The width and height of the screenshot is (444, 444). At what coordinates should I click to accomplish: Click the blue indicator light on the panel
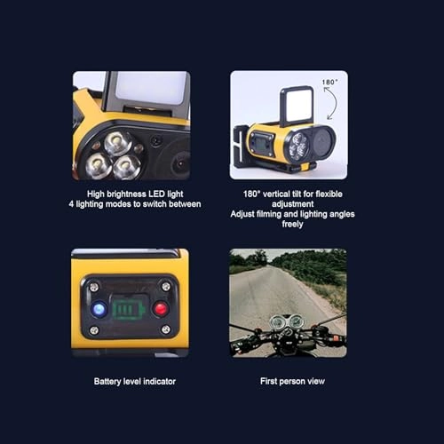click(x=99, y=309)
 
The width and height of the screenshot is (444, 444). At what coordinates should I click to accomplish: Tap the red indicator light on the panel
click(x=161, y=309)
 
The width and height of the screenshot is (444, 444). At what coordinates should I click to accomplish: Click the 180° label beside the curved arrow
click(x=329, y=82)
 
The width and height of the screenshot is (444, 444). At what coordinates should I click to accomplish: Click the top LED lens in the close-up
click(x=118, y=143)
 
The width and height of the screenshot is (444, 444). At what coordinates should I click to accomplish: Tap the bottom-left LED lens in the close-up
click(x=99, y=165)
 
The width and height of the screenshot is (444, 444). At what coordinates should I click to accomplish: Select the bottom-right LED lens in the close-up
click(x=126, y=167)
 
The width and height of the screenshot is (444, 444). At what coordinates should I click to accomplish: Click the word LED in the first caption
click(x=156, y=194)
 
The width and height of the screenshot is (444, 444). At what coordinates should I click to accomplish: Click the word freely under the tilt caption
click(x=292, y=224)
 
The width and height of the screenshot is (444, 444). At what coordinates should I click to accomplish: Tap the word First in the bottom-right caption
click(x=268, y=381)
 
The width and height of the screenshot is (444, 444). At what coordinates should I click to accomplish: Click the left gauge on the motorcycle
click(x=277, y=321)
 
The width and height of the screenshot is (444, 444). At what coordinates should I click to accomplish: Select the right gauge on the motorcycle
click(x=296, y=321)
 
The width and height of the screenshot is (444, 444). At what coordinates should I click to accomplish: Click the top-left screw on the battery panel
click(x=94, y=287)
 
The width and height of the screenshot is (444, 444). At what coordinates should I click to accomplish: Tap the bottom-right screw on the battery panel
click(x=166, y=329)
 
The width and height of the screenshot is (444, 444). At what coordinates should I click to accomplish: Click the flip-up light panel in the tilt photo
click(x=297, y=107)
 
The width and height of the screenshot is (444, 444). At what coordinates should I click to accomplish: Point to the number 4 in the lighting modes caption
click(x=71, y=204)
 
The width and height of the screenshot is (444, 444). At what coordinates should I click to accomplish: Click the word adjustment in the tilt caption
click(x=292, y=204)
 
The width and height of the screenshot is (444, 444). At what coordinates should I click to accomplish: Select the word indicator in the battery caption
click(x=160, y=381)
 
